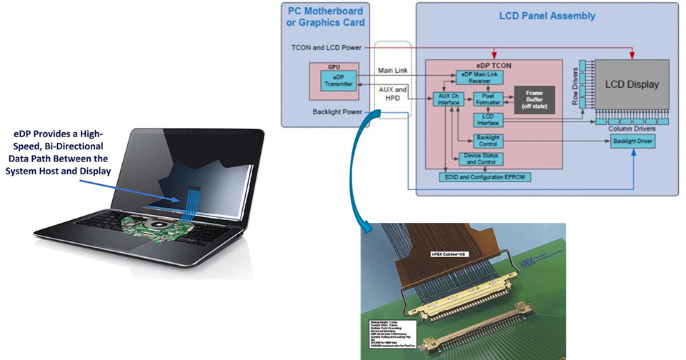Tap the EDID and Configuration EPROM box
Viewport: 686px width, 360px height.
click(486, 175)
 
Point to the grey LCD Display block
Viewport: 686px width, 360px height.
click(631, 85)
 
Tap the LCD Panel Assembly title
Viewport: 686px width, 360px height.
click(547, 16)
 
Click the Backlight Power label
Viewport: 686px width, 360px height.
click(339, 112)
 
